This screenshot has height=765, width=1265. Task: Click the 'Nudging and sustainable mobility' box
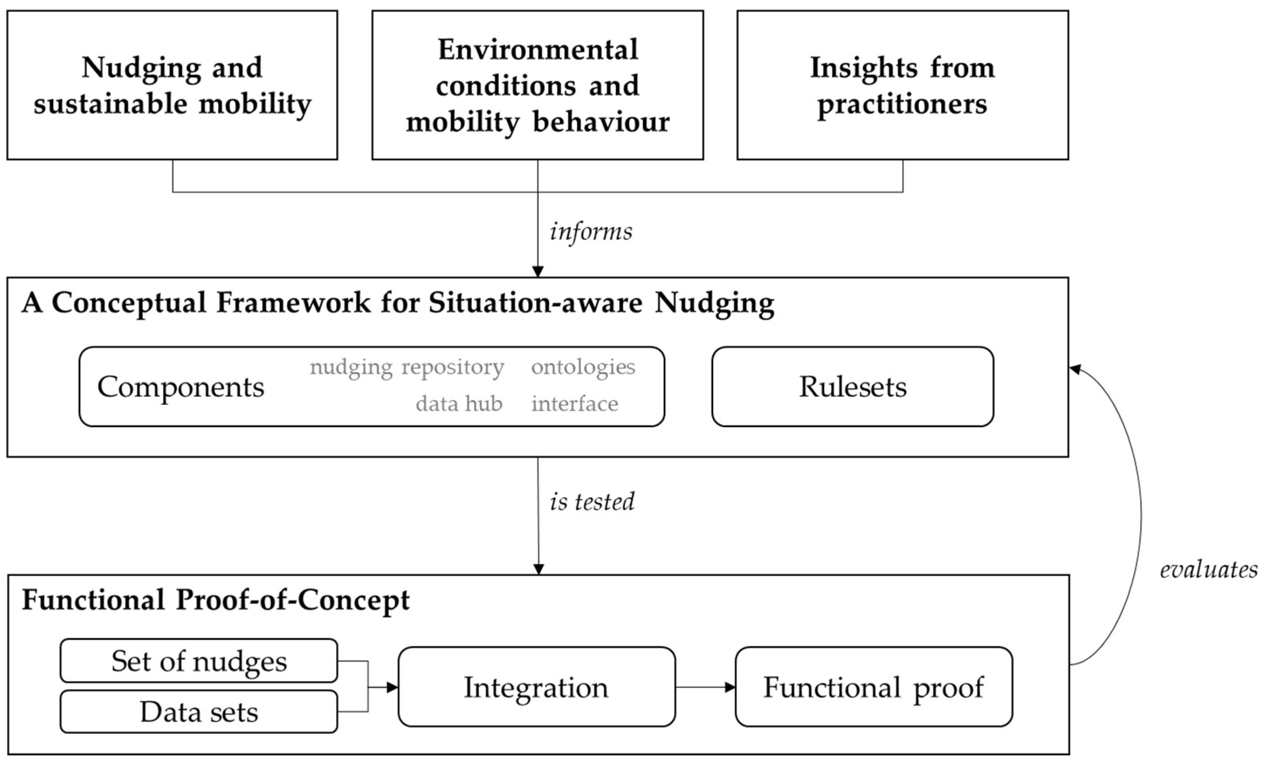pyautogui.click(x=173, y=85)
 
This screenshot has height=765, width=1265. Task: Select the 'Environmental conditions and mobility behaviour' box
pyautogui.click(x=537, y=85)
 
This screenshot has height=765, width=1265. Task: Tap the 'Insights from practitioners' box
pyautogui.click(x=902, y=85)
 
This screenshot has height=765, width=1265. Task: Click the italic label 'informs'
pyautogui.click(x=591, y=231)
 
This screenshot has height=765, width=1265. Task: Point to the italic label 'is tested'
pyautogui.click(x=592, y=502)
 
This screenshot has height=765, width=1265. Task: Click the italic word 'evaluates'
pyautogui.click(x=1208, y=569)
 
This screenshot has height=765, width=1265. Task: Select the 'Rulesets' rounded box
pyautogui.click(x=852, y=386)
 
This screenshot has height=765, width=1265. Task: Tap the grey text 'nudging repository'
pyautogui.click(x=407, y=367)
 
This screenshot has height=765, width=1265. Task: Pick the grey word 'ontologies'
pyautogui.click(x=583, y=367)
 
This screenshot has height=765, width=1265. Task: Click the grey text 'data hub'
pyautogui.click(x=459, y=404)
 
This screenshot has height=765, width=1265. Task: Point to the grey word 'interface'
pyautogui.click(x=575, y=404)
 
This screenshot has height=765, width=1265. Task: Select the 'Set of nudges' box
pyautogui.click(x=199, y=661)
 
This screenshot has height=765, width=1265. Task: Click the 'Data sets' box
pyautogui.click(x=199, y=712)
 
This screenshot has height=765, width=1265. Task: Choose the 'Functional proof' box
pyautogui.click(x=873, y=687)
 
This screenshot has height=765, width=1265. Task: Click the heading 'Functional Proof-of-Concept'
pyautogui.click(x=216, y=600)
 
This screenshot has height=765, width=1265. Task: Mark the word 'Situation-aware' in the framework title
pyautogui.click(x=535, y=302)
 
